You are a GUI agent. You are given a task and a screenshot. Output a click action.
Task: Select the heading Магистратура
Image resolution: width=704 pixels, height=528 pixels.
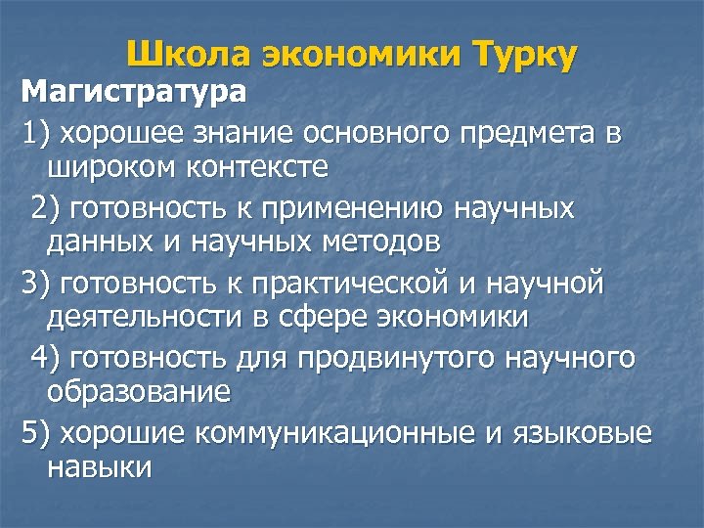tap(135, 95)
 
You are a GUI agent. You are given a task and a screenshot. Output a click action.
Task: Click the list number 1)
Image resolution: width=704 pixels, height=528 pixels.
tap(38, 133)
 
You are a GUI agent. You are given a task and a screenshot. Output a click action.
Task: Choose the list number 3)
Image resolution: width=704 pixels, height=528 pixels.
tap(38, 284)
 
